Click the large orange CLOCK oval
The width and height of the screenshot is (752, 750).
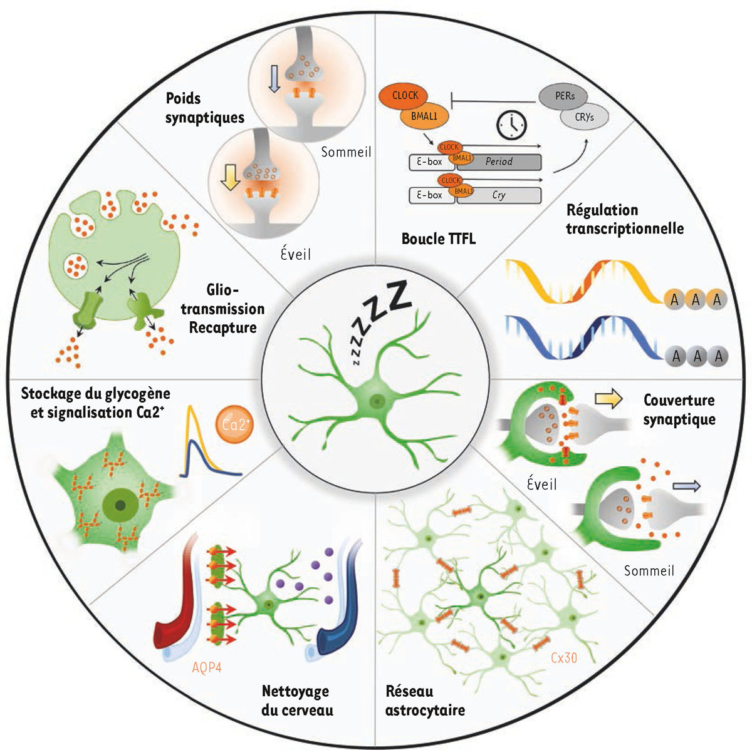405,96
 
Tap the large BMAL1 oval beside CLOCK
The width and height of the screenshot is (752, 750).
424,116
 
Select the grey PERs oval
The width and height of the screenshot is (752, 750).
565,96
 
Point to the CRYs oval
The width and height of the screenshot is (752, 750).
583,117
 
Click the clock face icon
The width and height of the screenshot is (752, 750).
512,125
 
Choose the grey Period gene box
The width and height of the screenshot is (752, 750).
499,162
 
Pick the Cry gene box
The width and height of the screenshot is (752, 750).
499,195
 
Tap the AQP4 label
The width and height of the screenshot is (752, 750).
207,667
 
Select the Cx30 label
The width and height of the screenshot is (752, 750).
563,658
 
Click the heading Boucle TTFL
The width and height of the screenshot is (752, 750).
438,239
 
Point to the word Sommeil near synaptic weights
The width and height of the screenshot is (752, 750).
346,152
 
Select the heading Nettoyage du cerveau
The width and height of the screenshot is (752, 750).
296,701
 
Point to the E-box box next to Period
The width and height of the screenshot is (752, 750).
431,162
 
